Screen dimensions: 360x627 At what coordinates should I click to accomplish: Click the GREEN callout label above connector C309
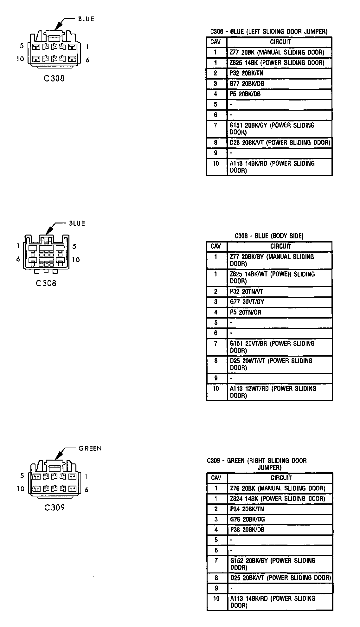90,448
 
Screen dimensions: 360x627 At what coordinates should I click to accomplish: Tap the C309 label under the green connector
55,507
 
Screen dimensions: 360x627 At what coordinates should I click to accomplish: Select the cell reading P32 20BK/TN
280,73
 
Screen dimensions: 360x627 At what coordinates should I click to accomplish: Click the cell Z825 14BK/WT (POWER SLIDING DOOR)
280,278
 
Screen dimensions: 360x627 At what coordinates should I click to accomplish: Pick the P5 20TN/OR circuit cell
280,313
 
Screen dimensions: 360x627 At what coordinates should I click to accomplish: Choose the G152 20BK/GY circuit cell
280,564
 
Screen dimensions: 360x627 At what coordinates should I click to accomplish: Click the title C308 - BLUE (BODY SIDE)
269,236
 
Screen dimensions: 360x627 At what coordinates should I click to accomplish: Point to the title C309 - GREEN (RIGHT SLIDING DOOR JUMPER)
257,464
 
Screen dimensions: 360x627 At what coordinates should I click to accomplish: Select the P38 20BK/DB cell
280,530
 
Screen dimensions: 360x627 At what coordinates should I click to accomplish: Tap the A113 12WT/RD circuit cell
280,392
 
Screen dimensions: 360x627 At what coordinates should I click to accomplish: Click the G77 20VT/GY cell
280,302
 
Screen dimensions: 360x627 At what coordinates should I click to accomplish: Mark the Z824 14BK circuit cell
280,499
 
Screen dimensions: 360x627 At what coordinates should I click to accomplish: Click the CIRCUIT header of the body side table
281,246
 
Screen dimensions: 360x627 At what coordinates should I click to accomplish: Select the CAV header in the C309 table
216,478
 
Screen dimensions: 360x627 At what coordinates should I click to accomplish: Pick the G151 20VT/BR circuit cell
280,347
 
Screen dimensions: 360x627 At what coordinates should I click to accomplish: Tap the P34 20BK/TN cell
280,509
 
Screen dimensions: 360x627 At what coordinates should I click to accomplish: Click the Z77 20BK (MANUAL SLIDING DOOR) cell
280,52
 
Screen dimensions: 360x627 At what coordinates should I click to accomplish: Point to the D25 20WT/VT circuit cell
280,365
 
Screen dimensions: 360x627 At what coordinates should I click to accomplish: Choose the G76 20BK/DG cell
280,519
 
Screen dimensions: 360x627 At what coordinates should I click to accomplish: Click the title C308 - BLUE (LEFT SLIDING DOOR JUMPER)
269,32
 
